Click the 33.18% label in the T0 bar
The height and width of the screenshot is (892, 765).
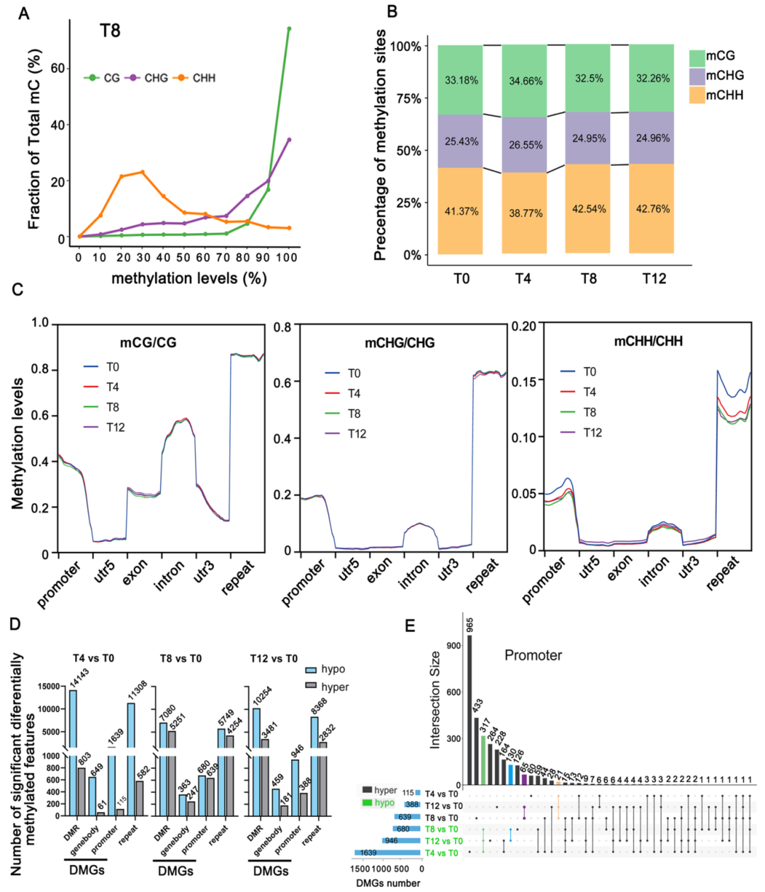click(461, 80)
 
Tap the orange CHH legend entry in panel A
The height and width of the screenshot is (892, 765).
click(197, 78)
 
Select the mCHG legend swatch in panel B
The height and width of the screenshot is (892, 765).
click(696, 76)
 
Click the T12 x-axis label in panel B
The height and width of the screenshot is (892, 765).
click(654, 278)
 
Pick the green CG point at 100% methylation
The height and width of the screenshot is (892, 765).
click(289, 29)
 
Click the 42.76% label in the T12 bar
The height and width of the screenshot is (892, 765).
click(652, 209)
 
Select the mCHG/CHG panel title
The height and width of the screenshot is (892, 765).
click(399, 343)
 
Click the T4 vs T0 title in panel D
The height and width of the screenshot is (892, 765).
click(93, 658)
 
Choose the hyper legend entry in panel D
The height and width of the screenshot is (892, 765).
click(327, 687)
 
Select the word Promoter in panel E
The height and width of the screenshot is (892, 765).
click(533, 655)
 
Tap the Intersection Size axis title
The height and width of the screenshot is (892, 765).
click(436, 700)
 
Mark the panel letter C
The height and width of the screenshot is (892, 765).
click(19, 290)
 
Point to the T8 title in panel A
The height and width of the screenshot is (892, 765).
click(110, 30)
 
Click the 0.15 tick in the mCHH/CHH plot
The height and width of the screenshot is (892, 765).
click(525, 380)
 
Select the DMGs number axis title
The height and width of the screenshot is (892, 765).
click(387, 883)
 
